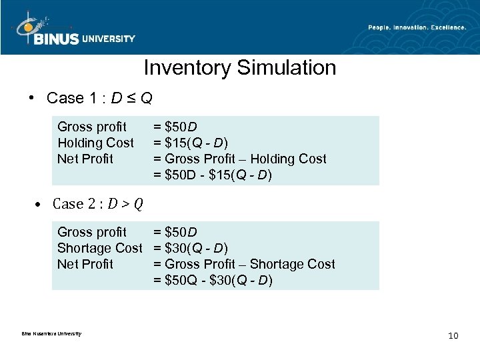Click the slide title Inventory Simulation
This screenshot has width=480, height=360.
click(240, 68)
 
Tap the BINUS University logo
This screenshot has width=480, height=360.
click(74, 30)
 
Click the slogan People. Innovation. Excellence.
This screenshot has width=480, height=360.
click(417, 27)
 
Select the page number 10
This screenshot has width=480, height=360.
click(453, 335)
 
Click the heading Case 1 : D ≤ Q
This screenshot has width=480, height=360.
click(99, 99)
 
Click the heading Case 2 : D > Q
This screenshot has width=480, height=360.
click(97, 204)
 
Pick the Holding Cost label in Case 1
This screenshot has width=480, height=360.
click(95, 143)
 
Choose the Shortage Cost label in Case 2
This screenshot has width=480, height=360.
click(100, 248)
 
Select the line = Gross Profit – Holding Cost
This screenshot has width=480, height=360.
click(240, 159)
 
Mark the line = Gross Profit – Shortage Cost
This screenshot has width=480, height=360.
click(244, 264)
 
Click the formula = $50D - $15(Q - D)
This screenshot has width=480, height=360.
click(213, 175)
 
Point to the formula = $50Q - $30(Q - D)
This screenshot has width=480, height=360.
click(213, 281)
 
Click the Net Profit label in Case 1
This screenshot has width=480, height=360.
click(85, 159)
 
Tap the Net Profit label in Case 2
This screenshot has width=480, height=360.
click(85, 264)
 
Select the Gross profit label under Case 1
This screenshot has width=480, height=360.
click(92, 127)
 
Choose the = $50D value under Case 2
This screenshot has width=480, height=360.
click(175, 232)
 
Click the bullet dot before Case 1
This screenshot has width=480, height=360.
click(31, 99)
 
